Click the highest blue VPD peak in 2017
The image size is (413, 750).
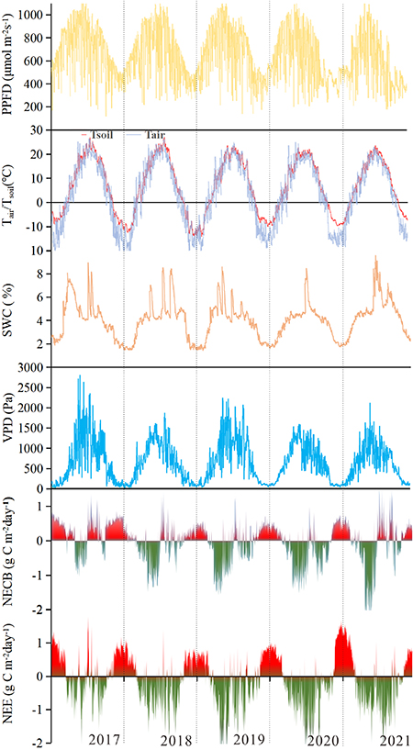pos(79,376)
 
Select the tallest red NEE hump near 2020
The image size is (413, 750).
pos(341,629)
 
